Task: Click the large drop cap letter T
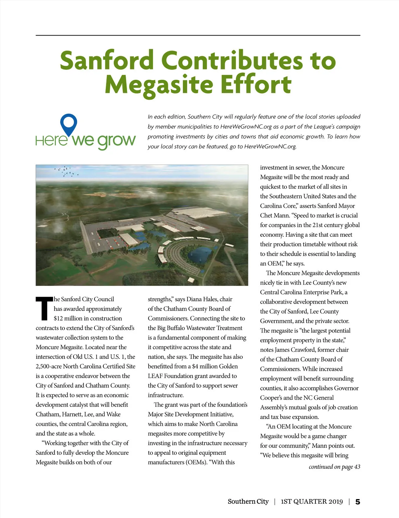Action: coord(44,308)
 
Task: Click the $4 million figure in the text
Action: coord(204,366)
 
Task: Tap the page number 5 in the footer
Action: coord(357,502)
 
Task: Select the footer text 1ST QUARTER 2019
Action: coord(312,502)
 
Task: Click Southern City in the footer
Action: coord(248,502)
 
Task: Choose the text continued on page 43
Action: coord(334,466)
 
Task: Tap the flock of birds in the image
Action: coord(66,171)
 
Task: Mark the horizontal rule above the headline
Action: coord(198,35)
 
